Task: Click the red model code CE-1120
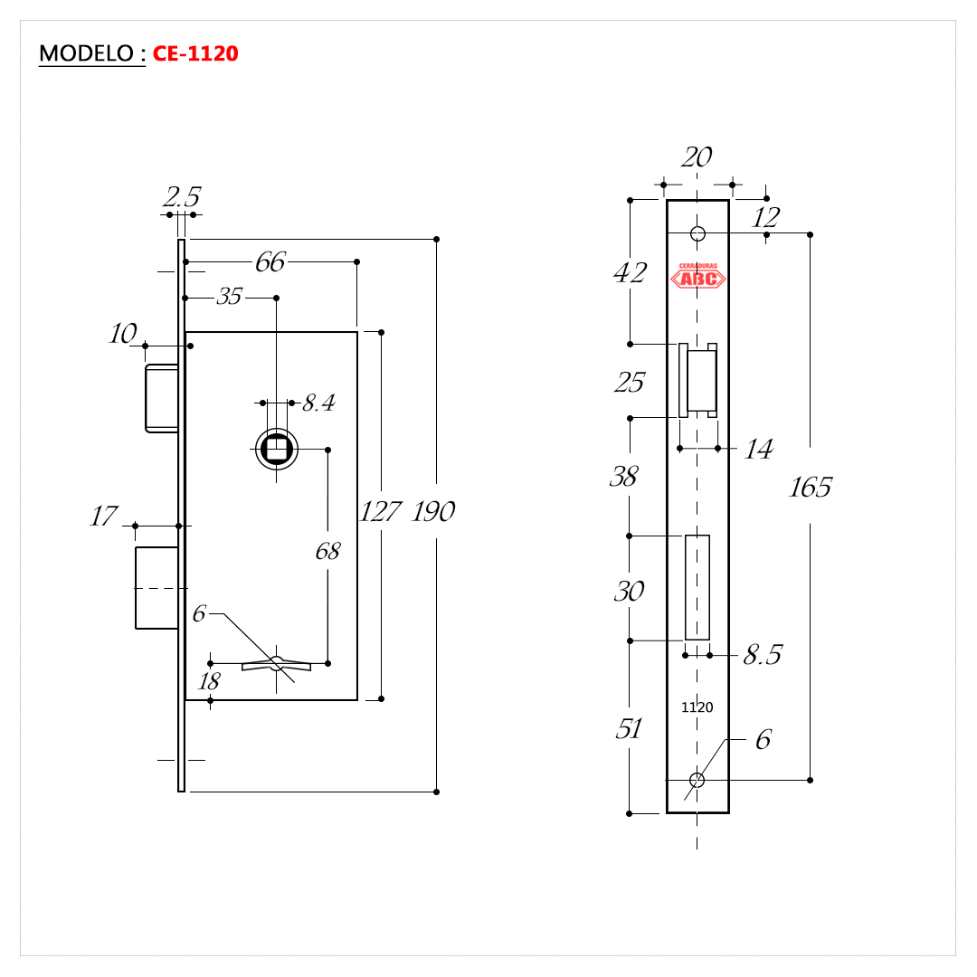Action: tap(195, 53)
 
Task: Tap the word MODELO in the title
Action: tap(87, 53)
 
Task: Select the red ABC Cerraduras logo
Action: tap(697, 275)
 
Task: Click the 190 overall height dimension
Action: tap(433, 511)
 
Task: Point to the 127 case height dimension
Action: tap(381, 511)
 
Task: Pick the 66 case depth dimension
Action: tap(270, 262)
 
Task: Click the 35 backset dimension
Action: tap(229, 297)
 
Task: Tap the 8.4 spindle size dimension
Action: tap(319, 403)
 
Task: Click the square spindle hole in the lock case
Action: tap(276, 449)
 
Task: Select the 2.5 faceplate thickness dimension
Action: tap(181, 197)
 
